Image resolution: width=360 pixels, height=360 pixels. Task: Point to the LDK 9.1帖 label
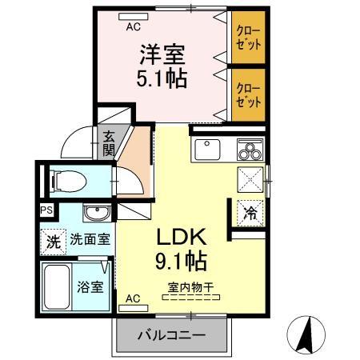181,248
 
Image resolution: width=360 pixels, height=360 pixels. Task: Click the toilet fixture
62,179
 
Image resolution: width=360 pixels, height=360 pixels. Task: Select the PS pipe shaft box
46,211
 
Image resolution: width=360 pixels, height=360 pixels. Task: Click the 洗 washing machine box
52,238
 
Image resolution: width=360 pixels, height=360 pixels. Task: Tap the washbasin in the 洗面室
97,214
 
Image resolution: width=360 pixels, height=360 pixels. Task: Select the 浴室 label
90,287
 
